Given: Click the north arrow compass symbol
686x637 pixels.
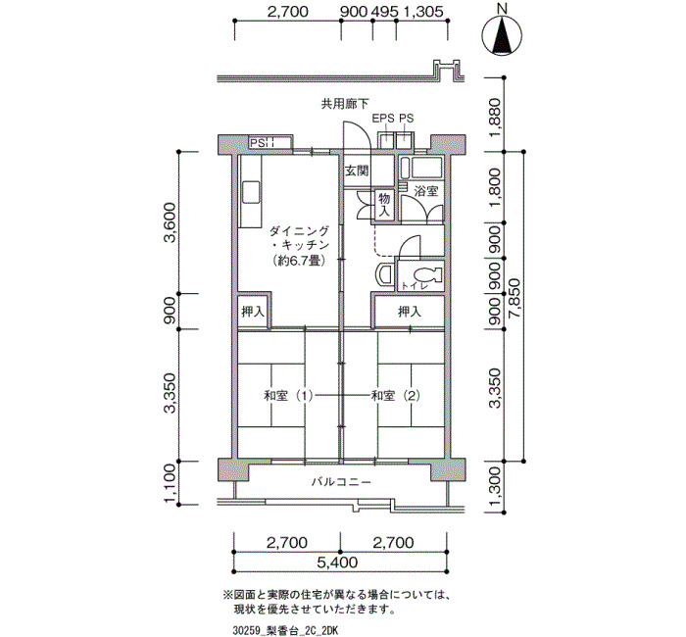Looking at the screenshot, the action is (502, 34).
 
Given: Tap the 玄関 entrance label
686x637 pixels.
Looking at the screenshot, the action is (357, 171).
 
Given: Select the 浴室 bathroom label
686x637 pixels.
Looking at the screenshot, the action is (426, 191).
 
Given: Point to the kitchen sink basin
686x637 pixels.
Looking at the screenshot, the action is (252, 192).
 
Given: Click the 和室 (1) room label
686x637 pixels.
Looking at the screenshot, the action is (288, 396).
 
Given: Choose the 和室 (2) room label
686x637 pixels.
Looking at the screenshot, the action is (396, 396).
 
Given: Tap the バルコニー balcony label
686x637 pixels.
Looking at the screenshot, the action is (342, 482).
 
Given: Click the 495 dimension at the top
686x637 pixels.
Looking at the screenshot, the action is (384, 12).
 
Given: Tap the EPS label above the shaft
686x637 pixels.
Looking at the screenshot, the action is (383, 119).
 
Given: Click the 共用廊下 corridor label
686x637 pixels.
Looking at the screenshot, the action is (345, 104).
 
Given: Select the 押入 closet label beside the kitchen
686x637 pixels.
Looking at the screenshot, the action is (253, 312).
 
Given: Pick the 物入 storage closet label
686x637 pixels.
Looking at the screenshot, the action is (384, 205).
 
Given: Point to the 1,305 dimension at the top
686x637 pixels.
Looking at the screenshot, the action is (423, 12).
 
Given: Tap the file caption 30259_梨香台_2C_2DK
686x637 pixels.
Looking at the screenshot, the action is (286, 630).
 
